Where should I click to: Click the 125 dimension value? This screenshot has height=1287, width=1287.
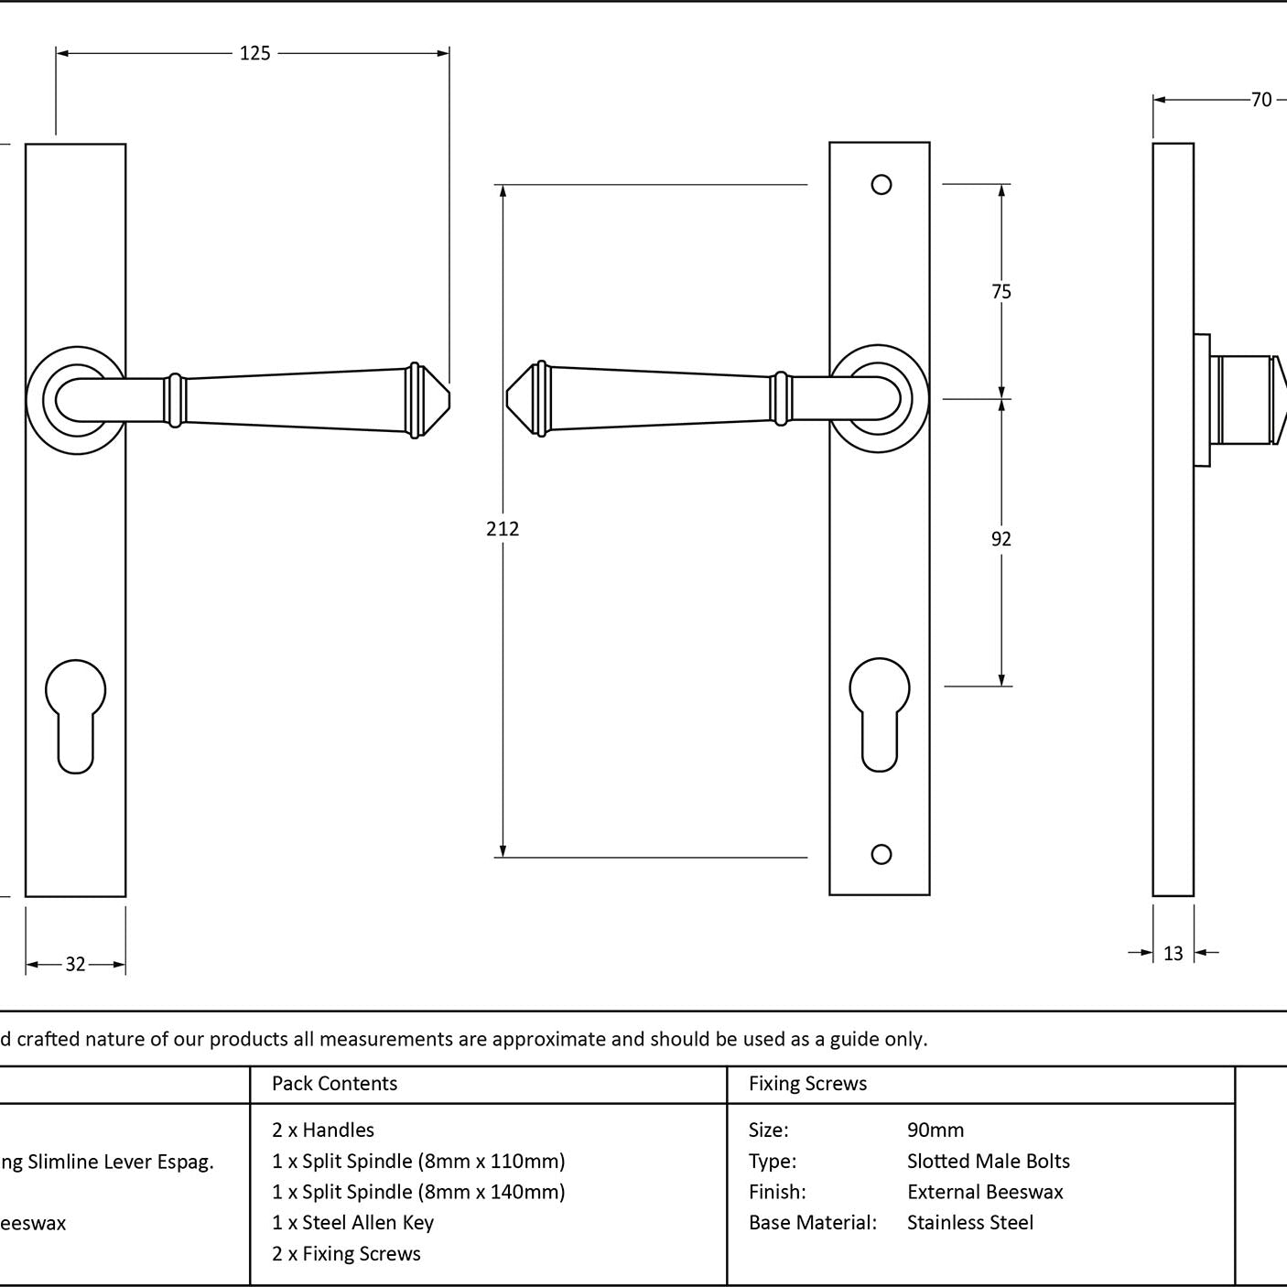click(255, 53)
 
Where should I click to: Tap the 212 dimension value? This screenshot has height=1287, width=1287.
click(503, 529)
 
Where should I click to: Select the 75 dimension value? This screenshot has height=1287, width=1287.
click(1001, 292)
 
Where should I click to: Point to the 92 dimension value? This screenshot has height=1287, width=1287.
click(1001, 539)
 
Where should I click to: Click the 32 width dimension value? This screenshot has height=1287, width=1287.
click(75, 965)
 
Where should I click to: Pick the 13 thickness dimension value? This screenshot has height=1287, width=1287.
click(1173, 954)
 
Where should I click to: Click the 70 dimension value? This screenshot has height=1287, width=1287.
click(1261, 100)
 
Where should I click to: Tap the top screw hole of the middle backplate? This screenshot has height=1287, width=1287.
click(881, 185)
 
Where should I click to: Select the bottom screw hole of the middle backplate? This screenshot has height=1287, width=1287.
click(881, 854)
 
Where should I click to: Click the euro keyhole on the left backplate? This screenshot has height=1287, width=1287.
click(75, 716)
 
